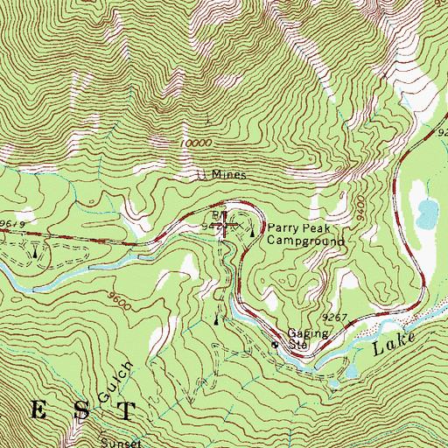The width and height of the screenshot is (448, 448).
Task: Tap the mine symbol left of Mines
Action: click(x=202, y=175)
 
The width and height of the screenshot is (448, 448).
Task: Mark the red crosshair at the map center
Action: click(x=225, y=227)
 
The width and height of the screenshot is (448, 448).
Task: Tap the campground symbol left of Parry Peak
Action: click(x=254, y=231)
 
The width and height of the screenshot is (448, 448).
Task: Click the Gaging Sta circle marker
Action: click(x=274, y=345)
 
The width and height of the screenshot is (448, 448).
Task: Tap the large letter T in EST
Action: click(x=128, y=411)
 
